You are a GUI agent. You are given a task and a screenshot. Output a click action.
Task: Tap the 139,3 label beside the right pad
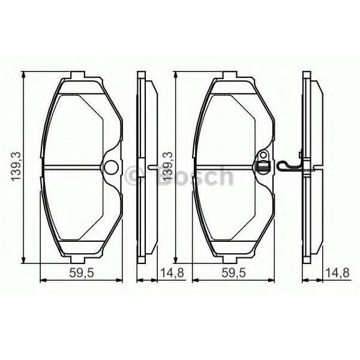[x=168, y=166]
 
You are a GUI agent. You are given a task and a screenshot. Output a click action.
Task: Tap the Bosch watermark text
[x=192, y=176]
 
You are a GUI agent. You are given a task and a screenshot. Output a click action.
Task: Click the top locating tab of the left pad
[x=79, y=76]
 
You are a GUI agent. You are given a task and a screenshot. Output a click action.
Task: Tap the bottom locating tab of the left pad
[x=79, y=259]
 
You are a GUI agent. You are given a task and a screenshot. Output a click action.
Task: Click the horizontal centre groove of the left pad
[x=72, y=167]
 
